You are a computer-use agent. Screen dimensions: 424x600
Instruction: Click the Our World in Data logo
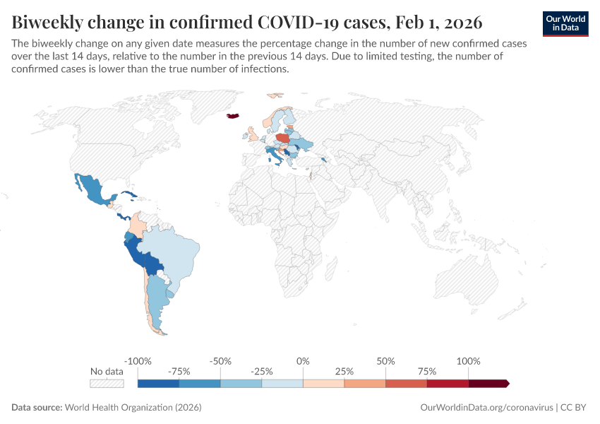(x=565, y=23)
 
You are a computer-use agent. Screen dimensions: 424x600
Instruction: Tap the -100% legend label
(x=138, y=361)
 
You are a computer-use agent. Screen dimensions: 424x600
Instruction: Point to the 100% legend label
(x=468, y=361)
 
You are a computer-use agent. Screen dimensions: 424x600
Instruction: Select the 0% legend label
(x=303, y=361)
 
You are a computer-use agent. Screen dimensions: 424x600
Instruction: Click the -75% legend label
(x=179, y=371)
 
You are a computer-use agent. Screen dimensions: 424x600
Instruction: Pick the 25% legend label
(x=344, y=371)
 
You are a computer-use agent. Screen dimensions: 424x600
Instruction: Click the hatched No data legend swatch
(x=107, y=383)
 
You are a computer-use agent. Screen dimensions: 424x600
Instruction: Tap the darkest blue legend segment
(x=158, y=383)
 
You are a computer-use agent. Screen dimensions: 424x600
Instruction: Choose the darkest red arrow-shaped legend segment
(x=488, y=383)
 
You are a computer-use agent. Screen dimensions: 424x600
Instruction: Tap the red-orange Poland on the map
(x=283, y=139)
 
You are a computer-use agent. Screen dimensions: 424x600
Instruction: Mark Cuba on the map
(x=127, y=194)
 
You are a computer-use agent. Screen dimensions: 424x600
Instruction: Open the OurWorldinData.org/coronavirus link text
(x=486, y=408)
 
